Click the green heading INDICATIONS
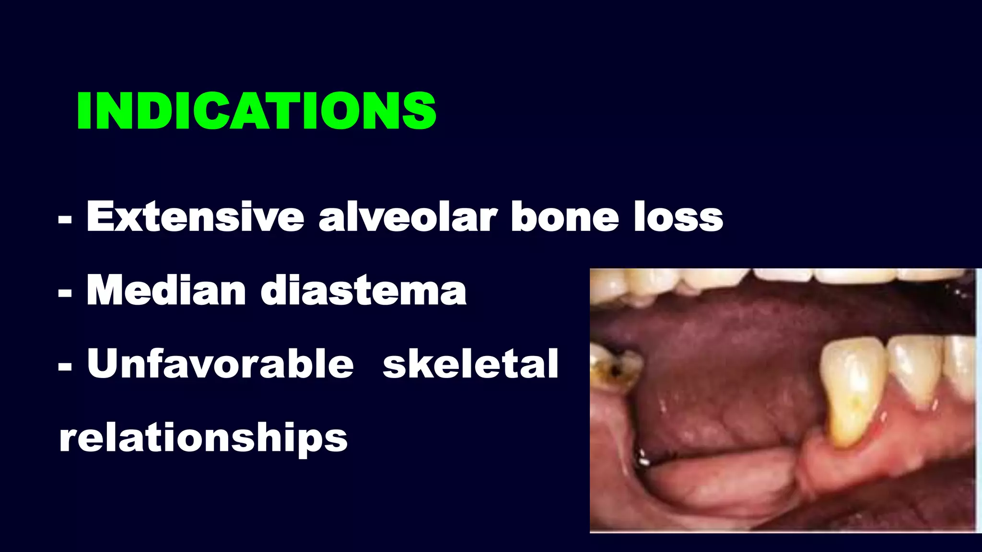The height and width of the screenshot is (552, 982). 257,111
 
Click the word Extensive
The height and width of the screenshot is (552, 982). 195,217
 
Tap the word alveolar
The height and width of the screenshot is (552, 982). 408,217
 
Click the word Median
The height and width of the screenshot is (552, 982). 166,291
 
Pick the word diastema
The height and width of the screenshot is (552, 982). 363,291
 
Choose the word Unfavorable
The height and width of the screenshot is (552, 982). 220,364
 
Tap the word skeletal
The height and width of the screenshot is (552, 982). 470,364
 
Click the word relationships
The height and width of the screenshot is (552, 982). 203,438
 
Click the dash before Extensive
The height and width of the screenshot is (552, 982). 65,220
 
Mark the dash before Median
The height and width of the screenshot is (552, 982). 65,293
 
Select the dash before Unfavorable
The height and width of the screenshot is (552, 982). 65,367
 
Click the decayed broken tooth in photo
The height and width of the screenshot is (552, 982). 614,369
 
